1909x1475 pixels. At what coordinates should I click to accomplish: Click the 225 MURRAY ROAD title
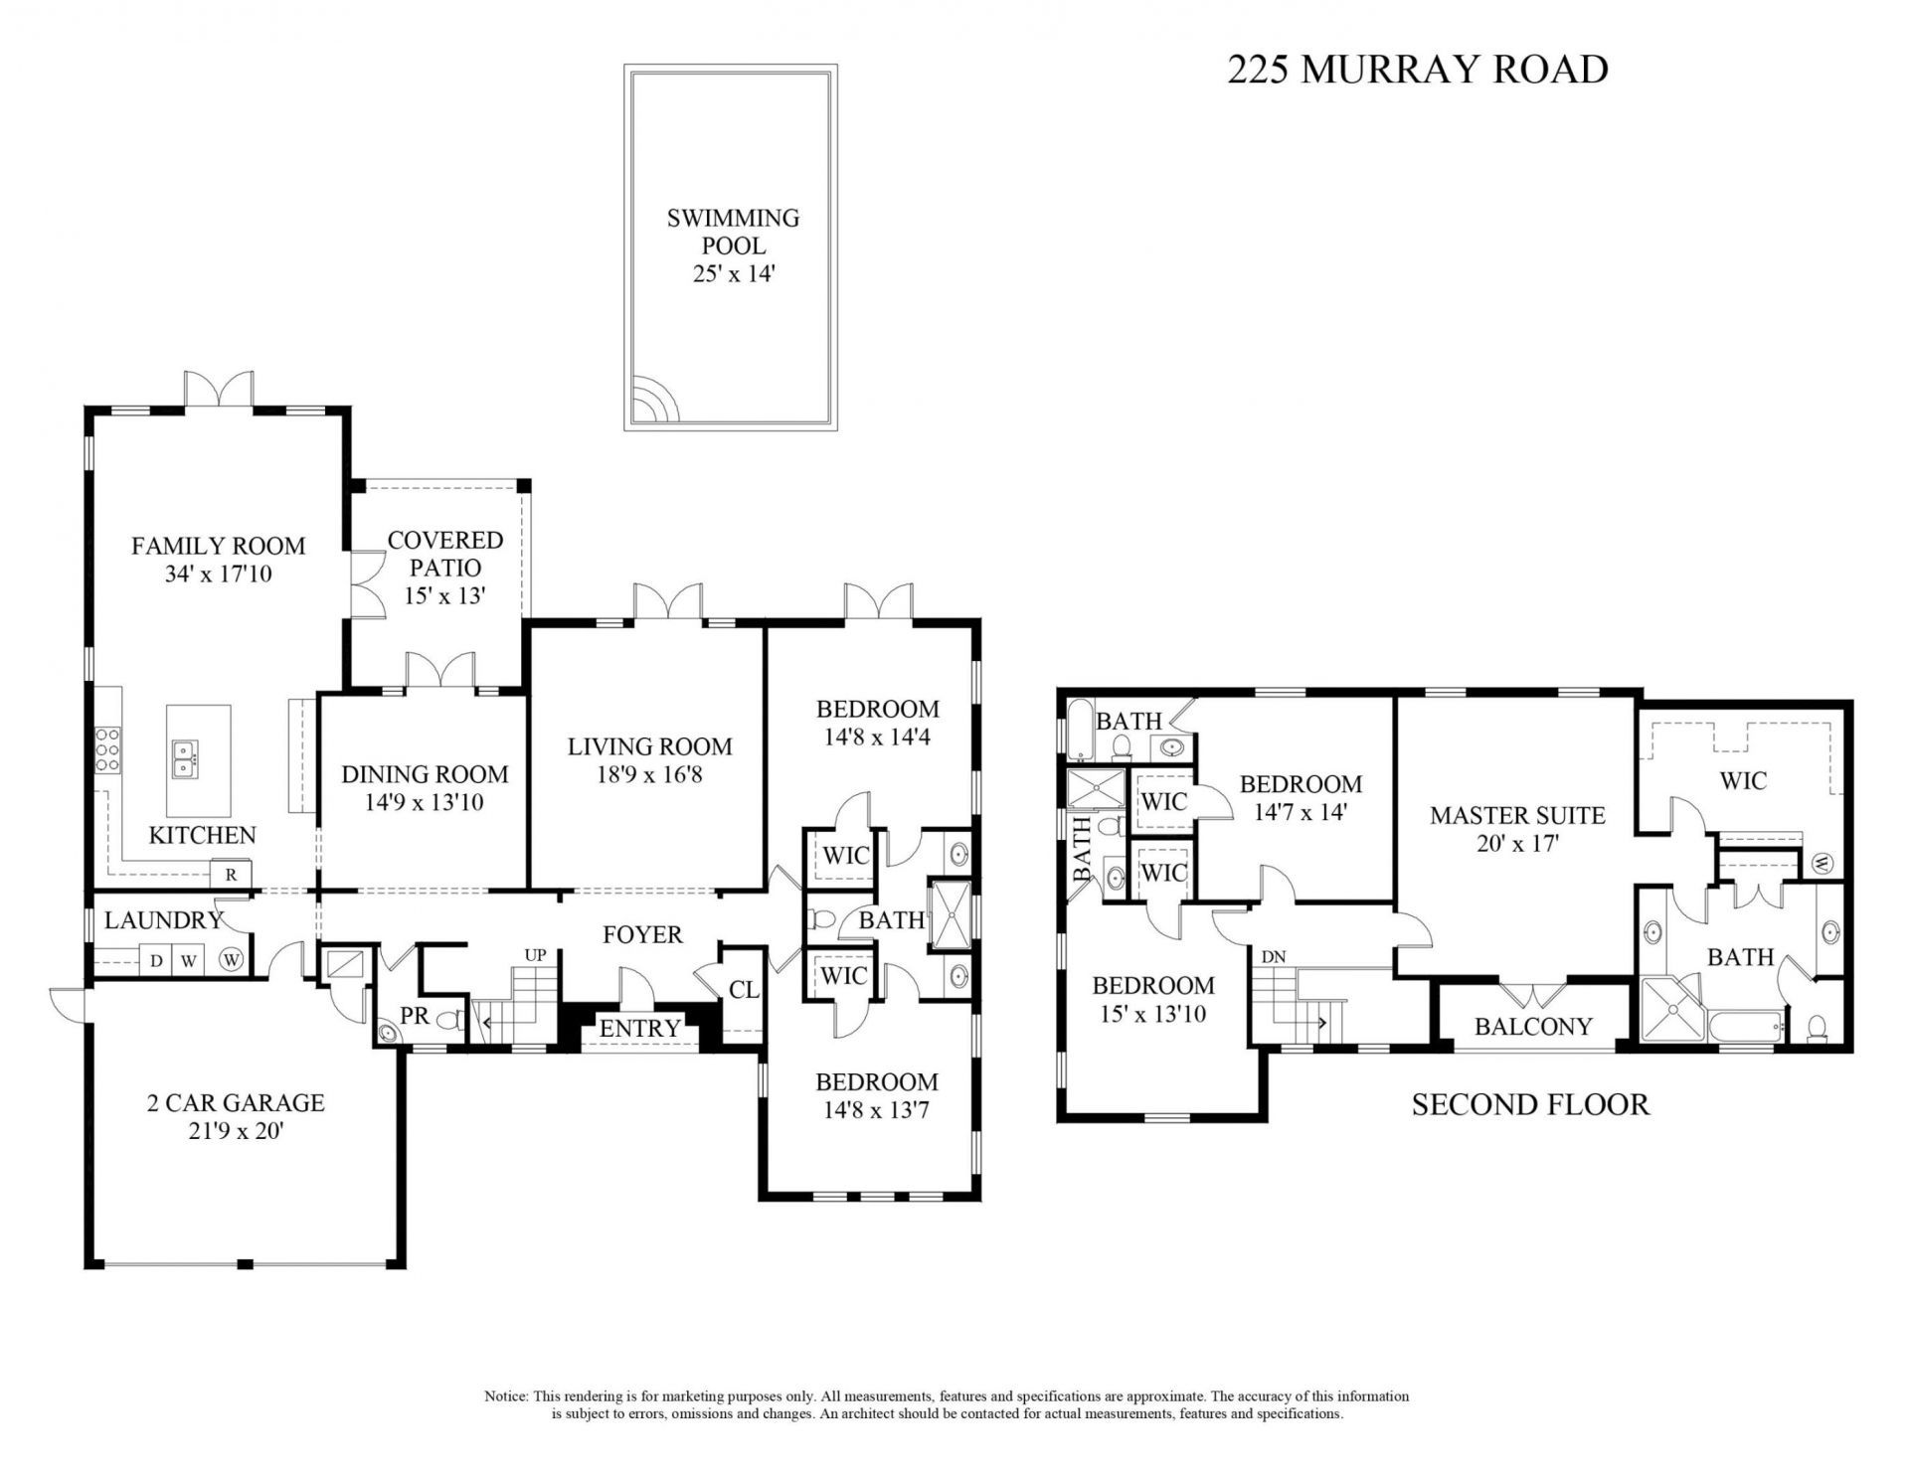point(1417,70)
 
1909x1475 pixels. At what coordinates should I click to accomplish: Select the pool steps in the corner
point(654,401)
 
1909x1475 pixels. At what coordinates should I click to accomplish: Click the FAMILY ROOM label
point(218,546)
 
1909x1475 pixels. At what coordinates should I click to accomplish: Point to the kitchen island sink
point(184,758)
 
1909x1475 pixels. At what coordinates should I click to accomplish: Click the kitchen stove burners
point(106,750)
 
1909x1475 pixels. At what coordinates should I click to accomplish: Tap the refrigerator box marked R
point(231,875)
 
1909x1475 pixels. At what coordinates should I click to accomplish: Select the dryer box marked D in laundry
point(156,960)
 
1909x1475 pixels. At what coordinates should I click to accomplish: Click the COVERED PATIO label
point(444,554)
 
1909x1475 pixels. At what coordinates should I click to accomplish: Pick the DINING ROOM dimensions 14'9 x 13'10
point(425,802)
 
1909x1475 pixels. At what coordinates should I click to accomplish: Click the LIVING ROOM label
point(649,746)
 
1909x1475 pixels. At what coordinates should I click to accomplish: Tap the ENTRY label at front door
point(639,1028)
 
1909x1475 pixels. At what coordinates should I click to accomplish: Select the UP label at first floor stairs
point(535,955)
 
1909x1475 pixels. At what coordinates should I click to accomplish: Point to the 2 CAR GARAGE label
point(236,1102)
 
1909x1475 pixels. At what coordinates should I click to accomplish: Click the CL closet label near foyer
point(744,990)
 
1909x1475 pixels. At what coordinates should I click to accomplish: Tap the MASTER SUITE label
point(1517,816)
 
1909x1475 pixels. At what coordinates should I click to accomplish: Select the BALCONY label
point(1533,1026)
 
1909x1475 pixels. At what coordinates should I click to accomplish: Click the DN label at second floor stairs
point(1274,957)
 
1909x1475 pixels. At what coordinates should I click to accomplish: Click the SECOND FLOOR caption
point(1530,1104)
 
